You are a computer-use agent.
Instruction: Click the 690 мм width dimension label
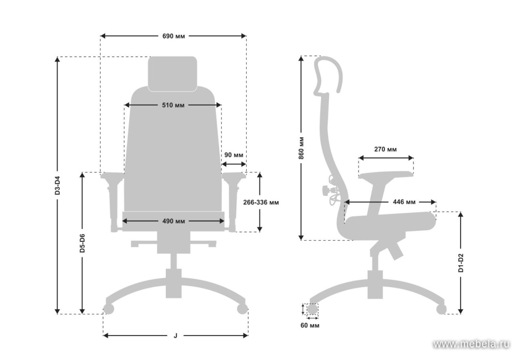[174, 36]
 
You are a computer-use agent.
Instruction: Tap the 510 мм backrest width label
[173, 105]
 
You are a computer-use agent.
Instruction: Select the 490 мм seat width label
[174, 221]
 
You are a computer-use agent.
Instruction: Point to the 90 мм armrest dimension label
[234, 155]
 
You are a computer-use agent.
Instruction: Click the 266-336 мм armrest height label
[261, 202]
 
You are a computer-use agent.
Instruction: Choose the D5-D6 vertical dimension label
[82, 243]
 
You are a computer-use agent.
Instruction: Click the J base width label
[176, 336]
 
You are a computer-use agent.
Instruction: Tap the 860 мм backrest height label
[301, 148]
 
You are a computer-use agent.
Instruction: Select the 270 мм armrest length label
[385, 149]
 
